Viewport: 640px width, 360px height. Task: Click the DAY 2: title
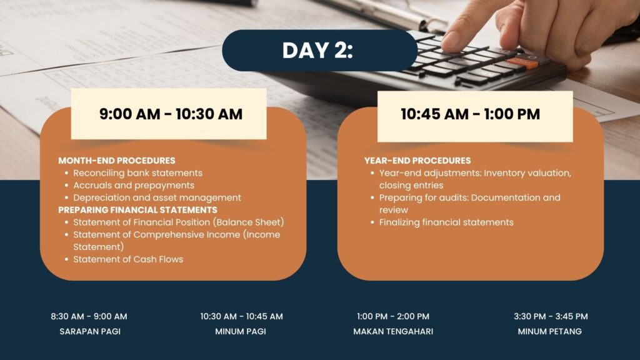pyautogui.click(x=317, y=51)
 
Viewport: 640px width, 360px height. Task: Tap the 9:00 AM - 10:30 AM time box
pyautogui.click(x=169, y=114)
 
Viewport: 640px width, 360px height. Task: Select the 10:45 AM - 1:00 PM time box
pyautogui.click(x=475, y=116)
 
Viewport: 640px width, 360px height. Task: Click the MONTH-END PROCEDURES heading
pyautogui.click(x=117, y=161)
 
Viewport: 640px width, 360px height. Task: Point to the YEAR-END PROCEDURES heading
pyautogui.click(x=417, y=161)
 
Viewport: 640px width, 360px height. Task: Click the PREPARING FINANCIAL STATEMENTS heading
pyautogui.click(x=137, y=210)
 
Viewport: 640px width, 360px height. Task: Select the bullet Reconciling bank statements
pyautogui.click(x=137, y=173)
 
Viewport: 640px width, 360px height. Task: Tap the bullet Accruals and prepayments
pyautogui.click(x=134, y=185)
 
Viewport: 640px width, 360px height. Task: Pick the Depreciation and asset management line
pyautogui.click(x=157, y=197)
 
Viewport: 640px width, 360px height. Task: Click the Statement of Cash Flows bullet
pyautogui.click(x=128, y=259)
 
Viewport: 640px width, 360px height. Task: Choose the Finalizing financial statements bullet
pyautogui.click(x=446, y=222)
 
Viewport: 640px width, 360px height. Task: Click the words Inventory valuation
pyautogui.click(x=527, y=173)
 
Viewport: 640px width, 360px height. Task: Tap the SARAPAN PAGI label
pyautogui.click(x=90, y=331)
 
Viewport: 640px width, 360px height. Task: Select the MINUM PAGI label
pyautogui.click(x=241, y=331)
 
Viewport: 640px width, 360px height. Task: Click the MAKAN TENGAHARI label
pyautogui.click(x=393, y=331)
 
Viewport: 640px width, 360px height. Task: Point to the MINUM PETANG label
pyautogui.click(x=550, y=331)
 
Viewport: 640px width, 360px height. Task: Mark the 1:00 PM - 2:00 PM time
pyautogui.click(x=393, y=316)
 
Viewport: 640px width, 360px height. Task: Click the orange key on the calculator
pyautogui.click(x=522, y=63)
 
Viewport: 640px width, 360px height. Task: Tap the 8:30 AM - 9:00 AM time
pyautogui.click(x=89, y=316)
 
